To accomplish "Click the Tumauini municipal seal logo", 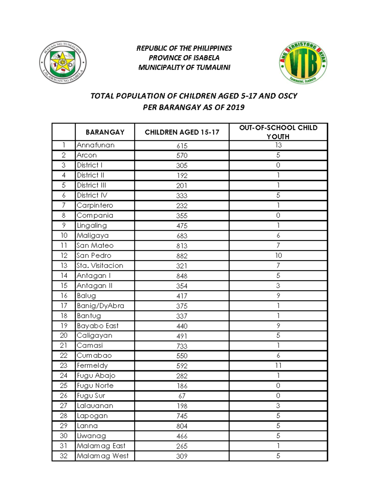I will [x=63, y=63].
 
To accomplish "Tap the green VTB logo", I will [x=303, y=63].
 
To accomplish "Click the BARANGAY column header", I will [x=105, y=132].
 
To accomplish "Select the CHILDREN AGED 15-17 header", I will [x=182, y=132].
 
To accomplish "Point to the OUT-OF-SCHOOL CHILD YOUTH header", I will [x=278, y=132].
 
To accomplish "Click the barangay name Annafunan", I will [x=95, y=145].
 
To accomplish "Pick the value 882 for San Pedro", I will [x=182, y=256].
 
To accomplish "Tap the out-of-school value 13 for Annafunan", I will [x=278, y=145].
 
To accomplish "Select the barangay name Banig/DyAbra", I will [x=100, y=306].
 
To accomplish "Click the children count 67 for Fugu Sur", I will [x=182, y=396].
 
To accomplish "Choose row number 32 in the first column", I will [x=64, y=456].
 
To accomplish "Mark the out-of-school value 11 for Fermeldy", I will [x=278, y=366].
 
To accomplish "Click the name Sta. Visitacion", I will [x=100, y=266].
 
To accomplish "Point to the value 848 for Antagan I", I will [x=182, y=276].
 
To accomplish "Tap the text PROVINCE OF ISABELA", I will [x=184, y=58].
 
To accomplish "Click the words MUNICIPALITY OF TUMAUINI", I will [x=184, y=68].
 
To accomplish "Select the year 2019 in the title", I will [x=235, y=107].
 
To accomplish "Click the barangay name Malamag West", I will [x=102, y=456].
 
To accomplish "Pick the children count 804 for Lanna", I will [x=182, y=426].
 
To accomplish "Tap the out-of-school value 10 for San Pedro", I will [x=278, y=256].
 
